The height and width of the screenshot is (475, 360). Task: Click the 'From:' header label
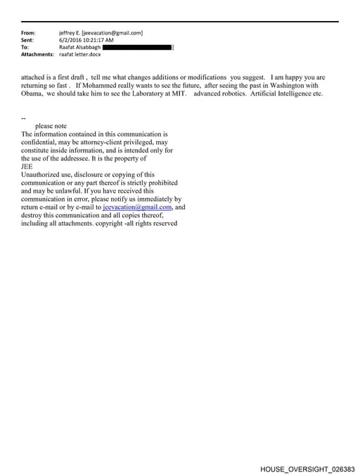[28, 33]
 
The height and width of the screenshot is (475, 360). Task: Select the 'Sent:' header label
[28, 40]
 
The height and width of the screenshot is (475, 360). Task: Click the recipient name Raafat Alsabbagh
[79, 47]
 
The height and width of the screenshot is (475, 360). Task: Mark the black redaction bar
[138, 47]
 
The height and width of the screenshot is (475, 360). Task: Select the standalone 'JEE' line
[27, 167]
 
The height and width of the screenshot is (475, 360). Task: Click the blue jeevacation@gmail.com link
[137, 207]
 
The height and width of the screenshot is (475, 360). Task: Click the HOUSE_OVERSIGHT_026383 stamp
[307, 468]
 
